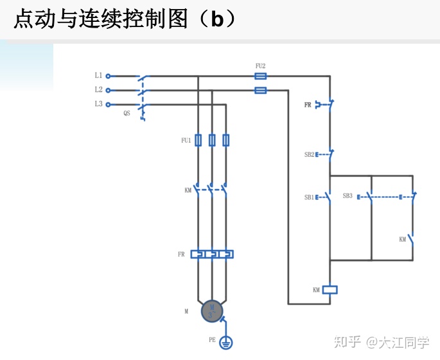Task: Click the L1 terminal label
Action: coord(98,76)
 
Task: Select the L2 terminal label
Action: coord(98,90)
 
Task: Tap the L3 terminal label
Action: coord(98,104)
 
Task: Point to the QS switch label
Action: coord(127,113)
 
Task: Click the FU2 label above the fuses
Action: coord(260,66)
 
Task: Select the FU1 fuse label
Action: coord(186,140)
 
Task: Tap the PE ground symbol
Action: coord(225,343)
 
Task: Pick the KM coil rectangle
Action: coord(330,289)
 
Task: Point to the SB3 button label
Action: coord(347,195)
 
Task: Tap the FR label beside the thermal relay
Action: coord(181,255)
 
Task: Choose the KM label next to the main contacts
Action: coord(188,190)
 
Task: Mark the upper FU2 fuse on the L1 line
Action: coord(260,76)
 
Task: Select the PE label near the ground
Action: coord(212,339)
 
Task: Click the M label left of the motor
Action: coord(186,311)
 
